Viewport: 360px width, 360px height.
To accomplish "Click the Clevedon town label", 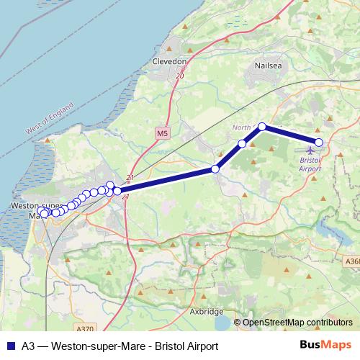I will coord(170,62).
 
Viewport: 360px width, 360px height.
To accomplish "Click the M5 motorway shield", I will coord(163,134).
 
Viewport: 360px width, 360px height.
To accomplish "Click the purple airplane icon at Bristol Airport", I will coord(310,150).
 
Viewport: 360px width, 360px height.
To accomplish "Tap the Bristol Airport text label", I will coord(310,163).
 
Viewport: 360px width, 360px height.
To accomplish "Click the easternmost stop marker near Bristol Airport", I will coord(319,142).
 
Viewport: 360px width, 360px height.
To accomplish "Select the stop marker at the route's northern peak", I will coord(262,127).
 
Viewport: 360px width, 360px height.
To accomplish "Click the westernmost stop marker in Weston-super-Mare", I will coord(42,212).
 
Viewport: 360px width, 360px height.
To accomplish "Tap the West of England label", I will coord(50,119).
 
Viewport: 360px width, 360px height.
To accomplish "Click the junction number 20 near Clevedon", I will coord(179,76).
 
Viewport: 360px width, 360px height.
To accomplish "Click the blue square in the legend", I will coord(9,346).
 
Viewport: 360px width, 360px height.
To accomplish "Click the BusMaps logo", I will coord(326,345).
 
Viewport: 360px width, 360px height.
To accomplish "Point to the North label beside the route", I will coord(241,127).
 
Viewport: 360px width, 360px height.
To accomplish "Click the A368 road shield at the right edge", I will coord(353,262).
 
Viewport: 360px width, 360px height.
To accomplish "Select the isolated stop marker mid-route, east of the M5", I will coord(215,169).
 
